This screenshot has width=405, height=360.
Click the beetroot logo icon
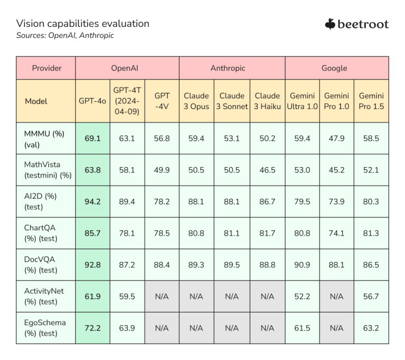[x=330, y=24]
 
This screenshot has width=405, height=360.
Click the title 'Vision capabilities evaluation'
[x=83, y=23]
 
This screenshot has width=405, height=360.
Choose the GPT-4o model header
[x=92, y=101]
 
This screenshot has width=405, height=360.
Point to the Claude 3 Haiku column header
[x=267, y=101]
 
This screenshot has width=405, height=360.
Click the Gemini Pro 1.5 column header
[x=371, y=101]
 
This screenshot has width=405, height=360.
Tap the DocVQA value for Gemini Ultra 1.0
[x=302, y=265]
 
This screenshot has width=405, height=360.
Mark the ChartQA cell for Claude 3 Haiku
[x=267, y=233]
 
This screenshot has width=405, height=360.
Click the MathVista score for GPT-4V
[x=161, y=170]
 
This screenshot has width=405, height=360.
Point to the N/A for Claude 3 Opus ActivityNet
[x=196, y=296]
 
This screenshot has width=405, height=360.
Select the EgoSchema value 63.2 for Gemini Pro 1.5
[x=371, y=328]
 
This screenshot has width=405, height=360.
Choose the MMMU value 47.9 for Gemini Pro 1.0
[x=336, y=139]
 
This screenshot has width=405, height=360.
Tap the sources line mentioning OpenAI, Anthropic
[x=65, y=36]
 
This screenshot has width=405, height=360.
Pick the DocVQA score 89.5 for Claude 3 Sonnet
[x=232, y=265]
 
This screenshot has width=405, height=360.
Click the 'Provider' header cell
[x=46, y=68]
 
